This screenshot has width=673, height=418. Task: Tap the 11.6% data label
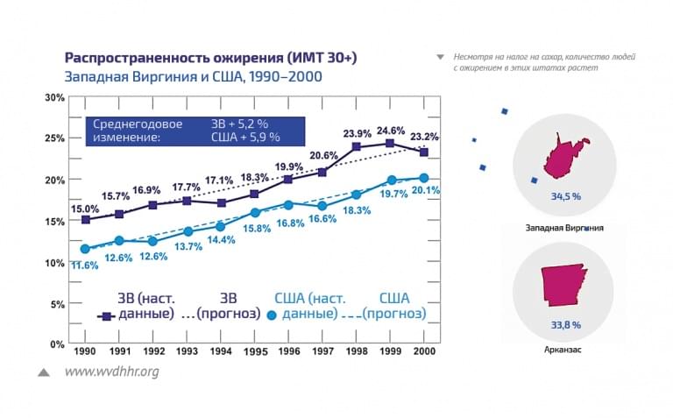(x=84, y=266)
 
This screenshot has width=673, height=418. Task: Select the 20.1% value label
(x=425, y=191)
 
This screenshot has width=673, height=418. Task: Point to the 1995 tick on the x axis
(x=254, y=351)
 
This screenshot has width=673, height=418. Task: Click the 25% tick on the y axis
(x=54, y=138)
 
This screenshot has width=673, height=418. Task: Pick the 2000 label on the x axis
(x=424, y=351)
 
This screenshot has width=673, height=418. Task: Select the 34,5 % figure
(x=565, y=196)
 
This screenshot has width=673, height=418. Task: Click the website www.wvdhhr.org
(x=111, y=372)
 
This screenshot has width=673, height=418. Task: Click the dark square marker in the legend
(x=106, y=314)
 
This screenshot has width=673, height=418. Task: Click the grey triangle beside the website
(x=43, y=372)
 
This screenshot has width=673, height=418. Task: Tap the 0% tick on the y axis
(x=58, y=344)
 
